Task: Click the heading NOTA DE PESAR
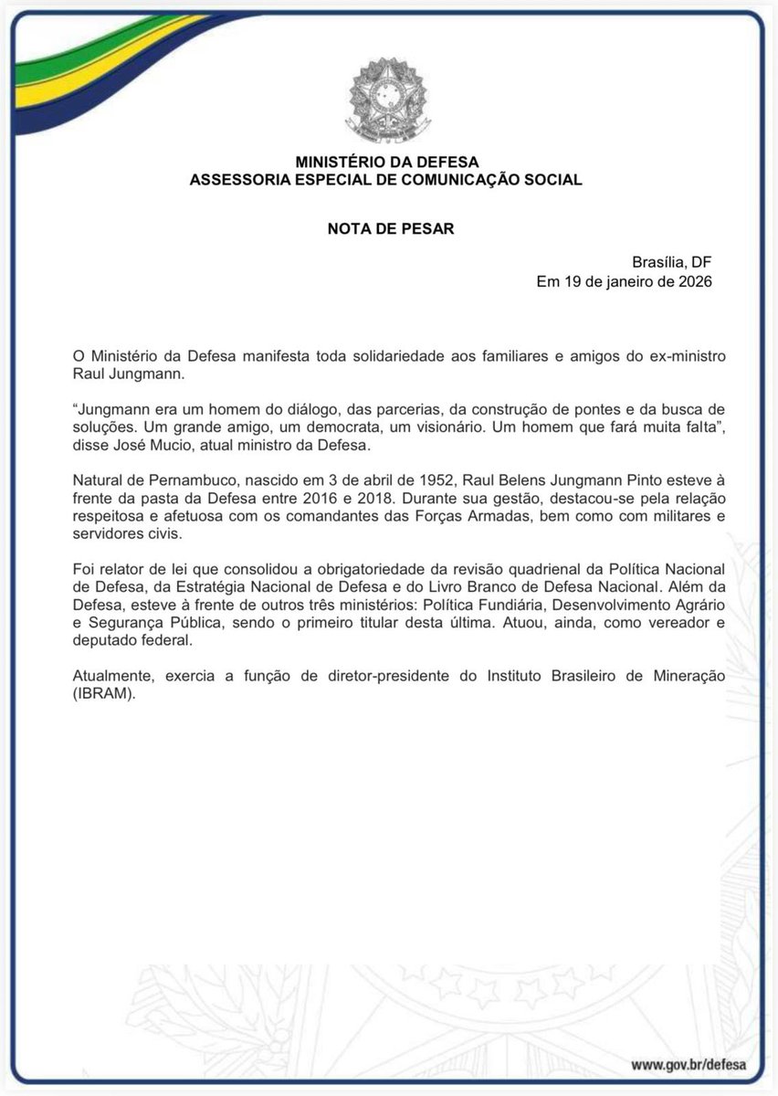click(390, 228)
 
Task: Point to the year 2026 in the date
click(692, 282)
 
